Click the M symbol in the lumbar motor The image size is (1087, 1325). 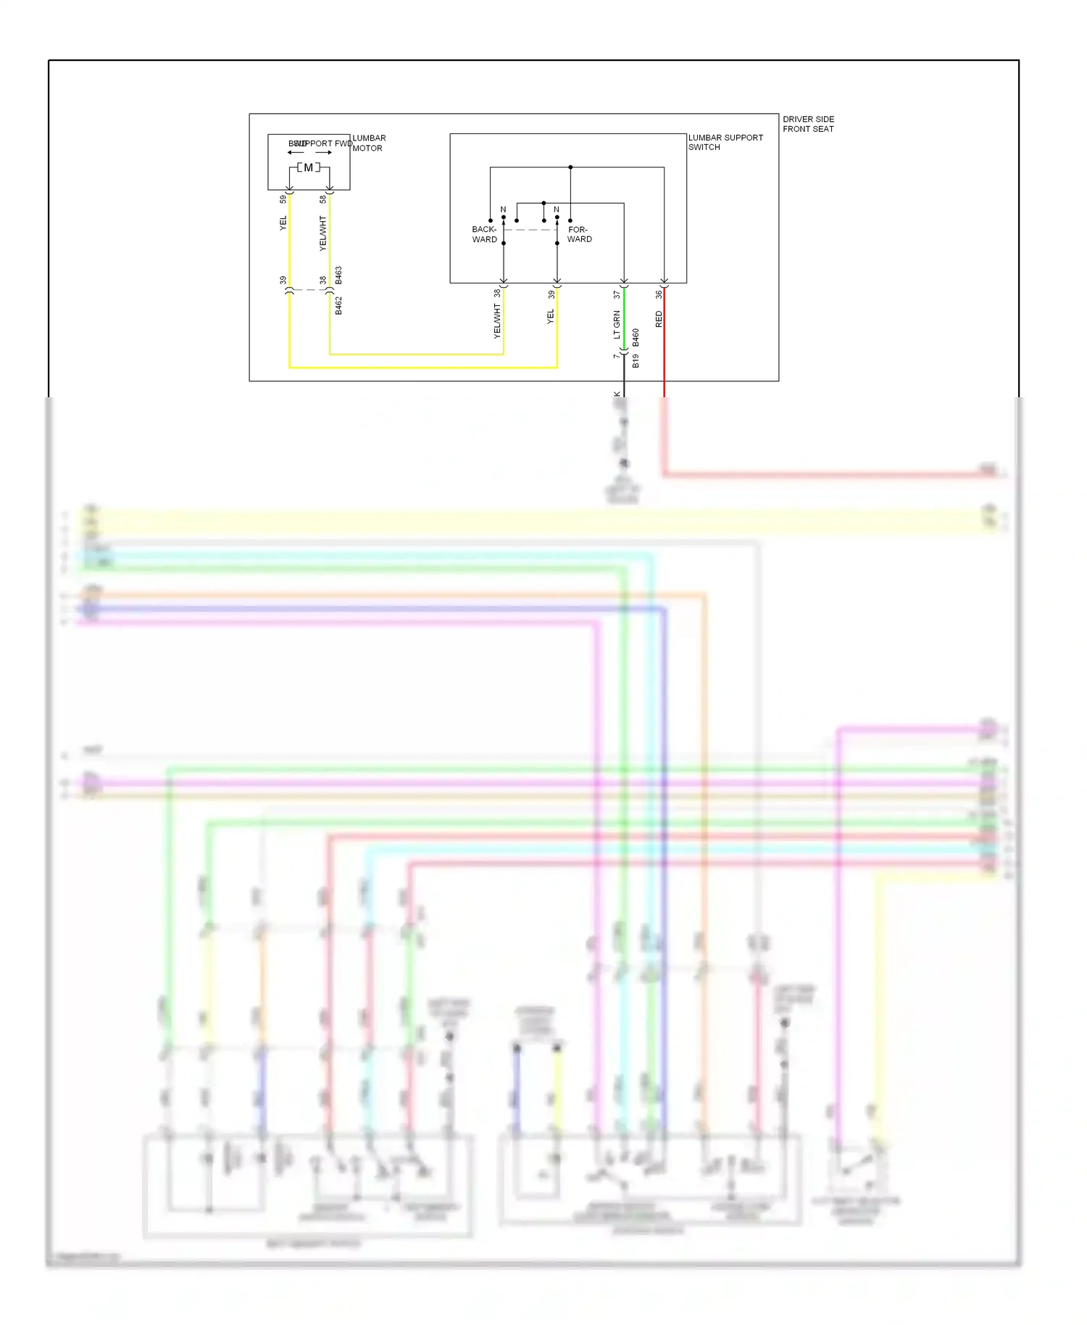pos(309,167)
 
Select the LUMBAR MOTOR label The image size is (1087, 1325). pos(369,143)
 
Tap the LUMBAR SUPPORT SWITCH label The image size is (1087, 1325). pos(725,142)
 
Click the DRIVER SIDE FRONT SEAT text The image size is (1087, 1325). pos(808,124)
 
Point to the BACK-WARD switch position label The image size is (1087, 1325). pos(484,234)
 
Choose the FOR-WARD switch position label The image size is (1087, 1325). pos(579,234)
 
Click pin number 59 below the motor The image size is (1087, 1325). pos(283,199)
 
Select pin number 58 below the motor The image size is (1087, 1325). pos(323,199)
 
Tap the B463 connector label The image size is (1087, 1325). pos(338,275)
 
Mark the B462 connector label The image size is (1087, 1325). pos(338,305)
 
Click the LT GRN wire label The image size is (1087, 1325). pos(617,324)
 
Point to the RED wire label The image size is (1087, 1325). pos(659,319)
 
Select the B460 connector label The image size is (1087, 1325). pos(636,337)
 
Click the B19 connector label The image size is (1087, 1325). pos(636,361)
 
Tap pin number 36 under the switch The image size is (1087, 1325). pos(659,294)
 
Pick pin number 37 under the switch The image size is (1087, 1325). pos(617,294)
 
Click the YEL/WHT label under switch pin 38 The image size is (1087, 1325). pos(497,321)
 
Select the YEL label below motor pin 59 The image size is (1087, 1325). pos(283,223)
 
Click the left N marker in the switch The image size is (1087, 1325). pos(503,209)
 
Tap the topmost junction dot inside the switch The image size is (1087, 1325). pos(570,167)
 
